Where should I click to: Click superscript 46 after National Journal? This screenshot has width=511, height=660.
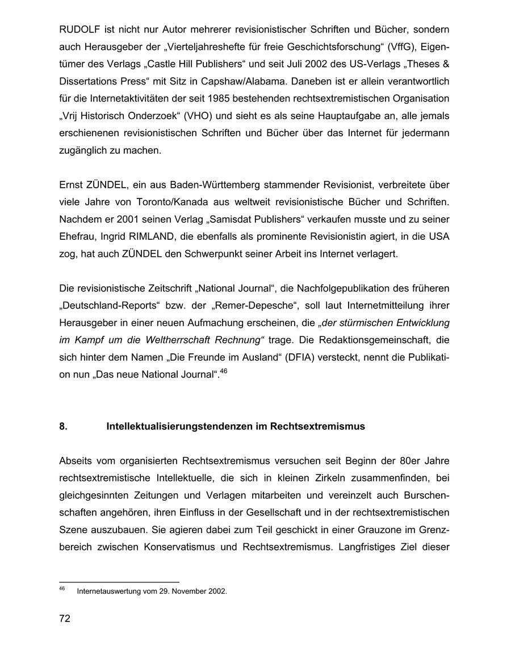pyautogui.click(x=223, y=371)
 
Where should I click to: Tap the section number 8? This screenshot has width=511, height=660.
pyautogui.click(x=63, y=426)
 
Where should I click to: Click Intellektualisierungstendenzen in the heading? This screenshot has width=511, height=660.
pyautogui.click(x=178, y=426)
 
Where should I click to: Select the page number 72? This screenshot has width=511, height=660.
pyautogui.click(x=65, y=619)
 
